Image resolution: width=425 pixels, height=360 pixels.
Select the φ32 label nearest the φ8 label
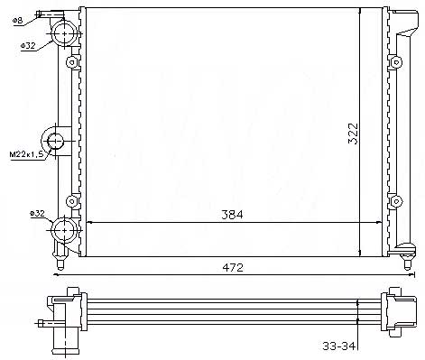coord(27,44)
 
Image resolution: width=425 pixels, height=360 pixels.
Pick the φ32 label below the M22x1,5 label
coord(37,214)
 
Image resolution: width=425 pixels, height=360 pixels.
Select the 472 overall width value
coord(235,268)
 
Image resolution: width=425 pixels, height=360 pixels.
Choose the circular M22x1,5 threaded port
coord(56,142)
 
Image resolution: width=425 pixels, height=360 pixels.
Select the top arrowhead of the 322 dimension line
coord(361,10)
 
